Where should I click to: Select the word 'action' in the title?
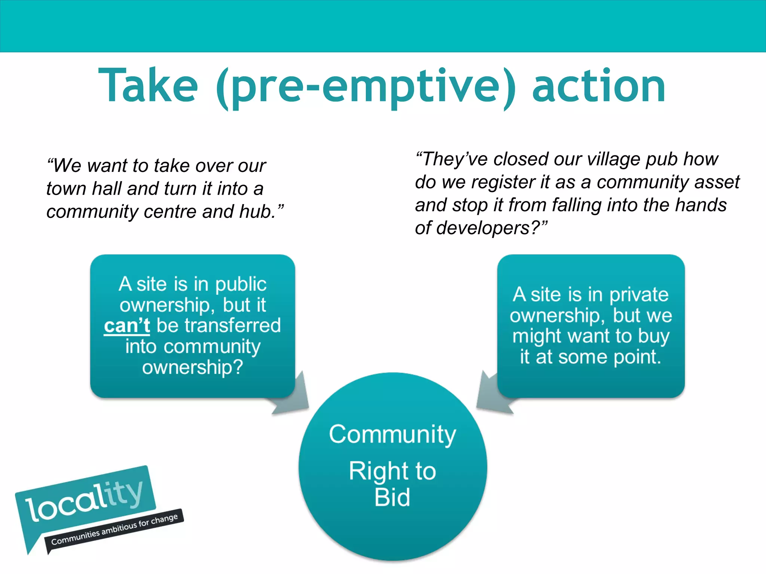pos(598,86)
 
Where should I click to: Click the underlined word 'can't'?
pos(127,326)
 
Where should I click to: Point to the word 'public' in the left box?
pos(241,285)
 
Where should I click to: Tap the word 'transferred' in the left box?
pos(218,325)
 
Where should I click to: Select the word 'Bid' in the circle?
pos(392,497)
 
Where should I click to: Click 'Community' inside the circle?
pos(392,435)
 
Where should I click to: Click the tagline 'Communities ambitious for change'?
pos(114,530)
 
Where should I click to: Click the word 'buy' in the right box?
pos(653,336)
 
